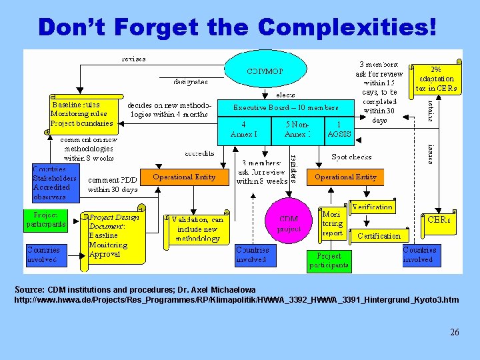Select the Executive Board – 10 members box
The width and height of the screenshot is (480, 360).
285,107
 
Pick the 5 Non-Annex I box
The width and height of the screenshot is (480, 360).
297,129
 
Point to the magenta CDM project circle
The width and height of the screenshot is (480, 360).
289,223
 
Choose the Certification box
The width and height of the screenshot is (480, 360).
379,235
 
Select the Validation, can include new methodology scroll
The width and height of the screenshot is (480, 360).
197,228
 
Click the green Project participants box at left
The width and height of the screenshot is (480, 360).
46,220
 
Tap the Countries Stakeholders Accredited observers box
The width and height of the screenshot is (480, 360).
55,183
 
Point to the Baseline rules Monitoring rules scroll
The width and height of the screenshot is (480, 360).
82,114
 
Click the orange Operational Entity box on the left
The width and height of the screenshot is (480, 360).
183,177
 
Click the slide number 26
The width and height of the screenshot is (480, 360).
454,332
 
